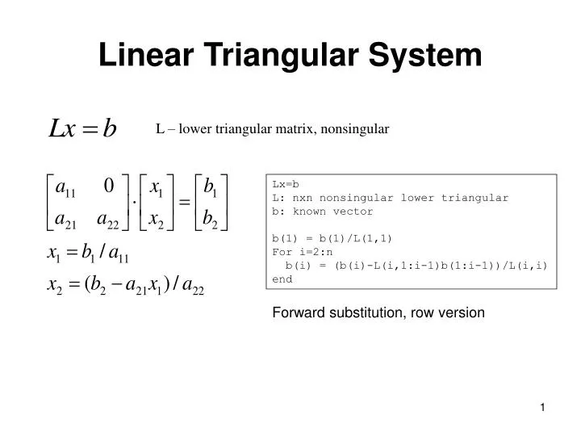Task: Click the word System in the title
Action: (x=425, y=56)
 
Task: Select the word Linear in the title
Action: (x=144, y=56)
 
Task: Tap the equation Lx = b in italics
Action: (x=83, y=128)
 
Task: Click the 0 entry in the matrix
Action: (x=108, y=186)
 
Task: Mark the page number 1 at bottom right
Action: (x=544, y=409)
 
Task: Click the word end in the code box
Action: (x=283, y=279)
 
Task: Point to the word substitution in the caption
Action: (x=363, y=312)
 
